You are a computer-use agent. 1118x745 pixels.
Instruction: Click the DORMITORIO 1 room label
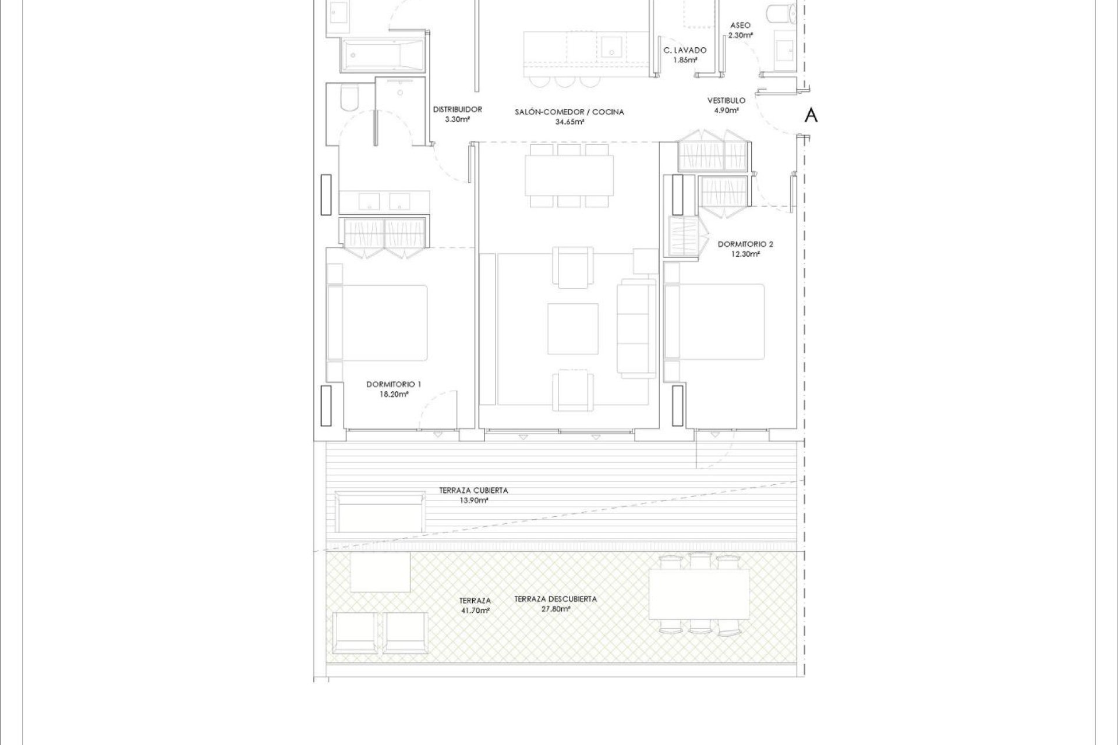coord(393,384)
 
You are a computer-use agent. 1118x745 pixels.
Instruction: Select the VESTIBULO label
coord(726,101)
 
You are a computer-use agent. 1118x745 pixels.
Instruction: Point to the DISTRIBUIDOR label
coord(457,109)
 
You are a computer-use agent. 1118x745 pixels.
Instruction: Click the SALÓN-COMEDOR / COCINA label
coord(569,112)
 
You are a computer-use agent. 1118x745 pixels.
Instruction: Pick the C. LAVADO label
coord(685,51)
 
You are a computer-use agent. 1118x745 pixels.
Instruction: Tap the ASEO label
coord(740,26)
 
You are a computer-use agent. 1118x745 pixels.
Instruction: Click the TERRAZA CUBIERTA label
coord(473,491)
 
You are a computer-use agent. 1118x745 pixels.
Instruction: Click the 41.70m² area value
coord(475,611)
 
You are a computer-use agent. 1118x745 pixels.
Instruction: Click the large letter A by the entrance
coord(811,116)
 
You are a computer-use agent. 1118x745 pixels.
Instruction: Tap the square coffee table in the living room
coord(572,329)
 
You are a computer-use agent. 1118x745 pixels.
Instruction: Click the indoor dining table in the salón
coord(569,175)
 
